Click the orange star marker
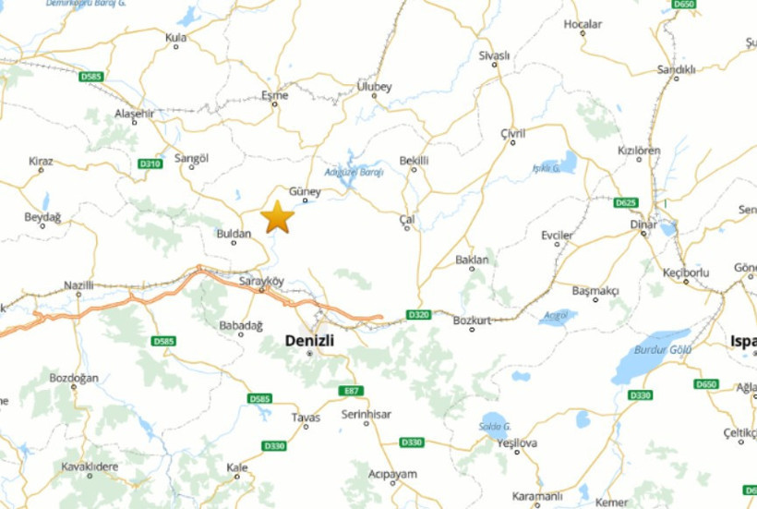pos(277,217)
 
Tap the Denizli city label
pos(309,339)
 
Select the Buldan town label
pos(234,234)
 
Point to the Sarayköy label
pos(261,279)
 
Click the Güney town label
pos(305,191)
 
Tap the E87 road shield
pos(347,390)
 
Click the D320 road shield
pos(418,315)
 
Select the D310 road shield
pos(150,164)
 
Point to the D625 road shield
pos(625,202)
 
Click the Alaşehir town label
pos(133,113)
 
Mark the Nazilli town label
pos(78,285)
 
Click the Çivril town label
pos(512,133)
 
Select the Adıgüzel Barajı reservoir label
pos(354,172)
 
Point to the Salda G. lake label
pos(495,426)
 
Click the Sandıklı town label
pos(676,69)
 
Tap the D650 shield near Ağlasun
pos(706,383)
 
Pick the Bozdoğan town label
pos(73,378)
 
